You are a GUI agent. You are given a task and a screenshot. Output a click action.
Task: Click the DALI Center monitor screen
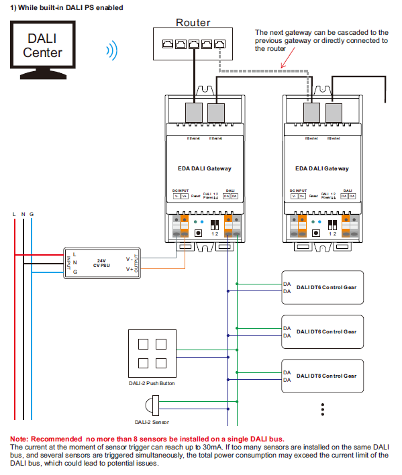click(x=42, y=46)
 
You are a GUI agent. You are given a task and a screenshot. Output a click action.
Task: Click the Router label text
click(x=193, y=22)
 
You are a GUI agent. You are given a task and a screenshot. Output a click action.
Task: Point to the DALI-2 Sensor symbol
click(x=152, y=406)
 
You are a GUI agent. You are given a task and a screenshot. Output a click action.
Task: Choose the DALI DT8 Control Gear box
click(x=321, y=376)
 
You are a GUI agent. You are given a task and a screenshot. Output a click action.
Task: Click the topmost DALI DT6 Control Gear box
click(x=321, y=287)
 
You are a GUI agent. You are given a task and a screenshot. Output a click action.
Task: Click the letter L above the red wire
click(x=14, y=214)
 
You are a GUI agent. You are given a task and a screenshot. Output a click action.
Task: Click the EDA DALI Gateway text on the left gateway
click(x=200, y=168)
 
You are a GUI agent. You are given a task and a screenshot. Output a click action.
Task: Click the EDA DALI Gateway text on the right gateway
click(x=321, y=168)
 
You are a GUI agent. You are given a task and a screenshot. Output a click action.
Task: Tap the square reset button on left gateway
click(x=199, y=233)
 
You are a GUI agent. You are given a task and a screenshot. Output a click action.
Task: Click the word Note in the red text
click(x=19, y=439)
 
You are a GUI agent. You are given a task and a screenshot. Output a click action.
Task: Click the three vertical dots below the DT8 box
click(x=322, y=410)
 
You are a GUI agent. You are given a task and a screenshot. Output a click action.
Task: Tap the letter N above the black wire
click(x=23, y=214)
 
